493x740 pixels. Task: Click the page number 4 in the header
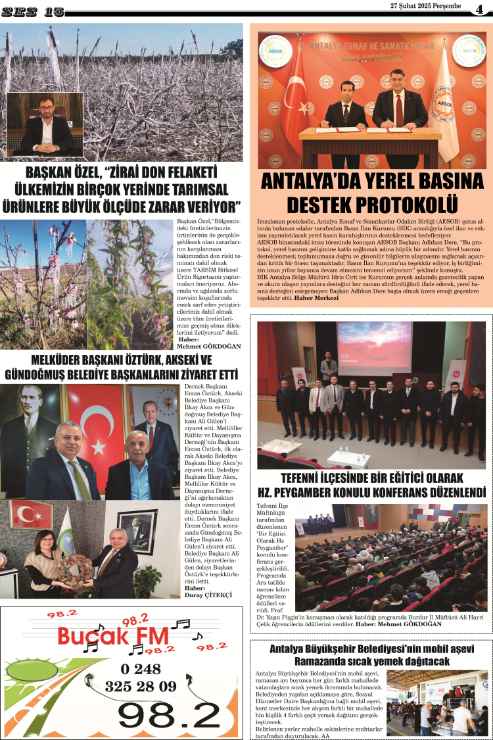[x=480, y=10]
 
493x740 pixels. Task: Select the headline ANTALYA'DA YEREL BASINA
[x=371, y=181]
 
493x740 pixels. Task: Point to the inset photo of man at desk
[x=45, y=124]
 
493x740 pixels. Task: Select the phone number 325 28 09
[x=141, y=686]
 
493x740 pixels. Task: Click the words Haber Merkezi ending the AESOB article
[x=317, y=298]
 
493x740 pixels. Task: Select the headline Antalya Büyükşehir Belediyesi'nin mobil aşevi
[x=371, y=649]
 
